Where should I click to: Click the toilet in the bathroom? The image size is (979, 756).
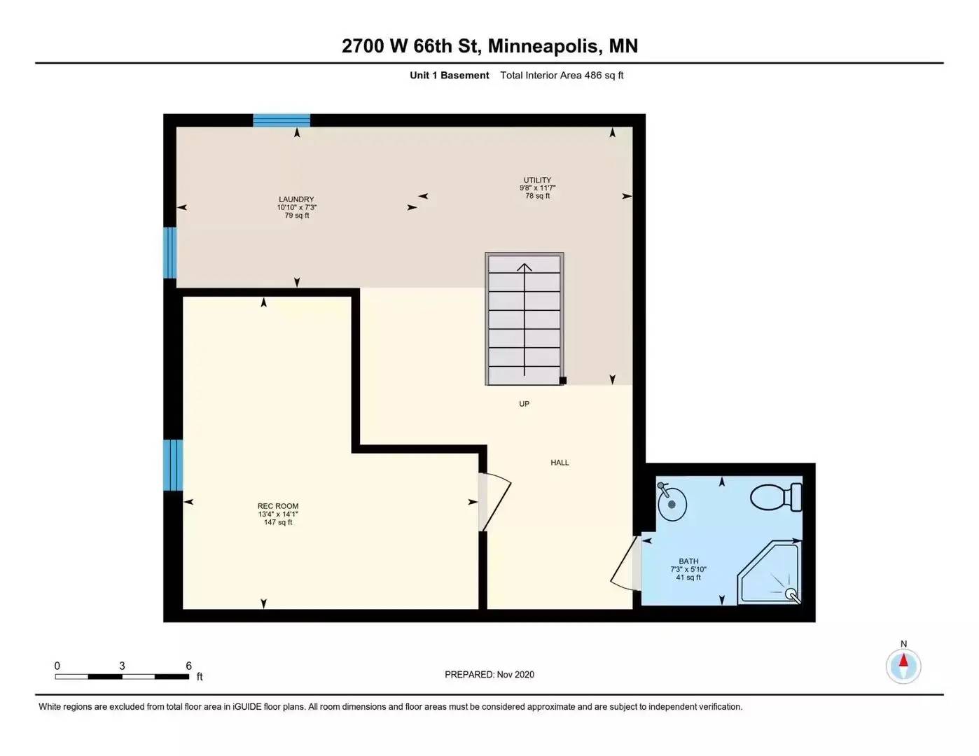click(777, 497)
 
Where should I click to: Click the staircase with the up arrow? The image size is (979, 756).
click(525, 318)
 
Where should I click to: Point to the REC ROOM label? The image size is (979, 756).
click(278, 506)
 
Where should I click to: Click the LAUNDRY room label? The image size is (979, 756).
click(296, 199)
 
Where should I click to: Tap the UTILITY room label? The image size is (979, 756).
click(537, 180)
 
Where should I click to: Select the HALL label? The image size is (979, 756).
click(560, 463)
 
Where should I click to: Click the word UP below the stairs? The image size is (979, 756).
click(524, 404)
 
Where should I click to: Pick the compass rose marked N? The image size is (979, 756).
click(903, 665)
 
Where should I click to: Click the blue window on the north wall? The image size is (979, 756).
click(282, 120)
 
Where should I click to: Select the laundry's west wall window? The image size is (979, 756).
click(169, 253)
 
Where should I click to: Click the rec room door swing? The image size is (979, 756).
click(494, 503)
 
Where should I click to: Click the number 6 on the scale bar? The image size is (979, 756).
click(188, 666)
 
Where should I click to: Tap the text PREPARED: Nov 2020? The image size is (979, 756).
click(489, 675)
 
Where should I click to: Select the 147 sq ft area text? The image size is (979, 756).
click(278, 522)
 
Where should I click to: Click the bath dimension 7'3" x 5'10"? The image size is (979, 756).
click(688, 569)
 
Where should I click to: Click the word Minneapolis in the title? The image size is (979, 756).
click(543, 46)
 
